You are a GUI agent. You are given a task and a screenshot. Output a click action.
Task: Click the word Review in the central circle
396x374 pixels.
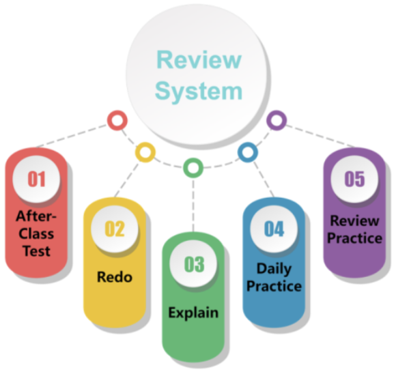tap(199, 59)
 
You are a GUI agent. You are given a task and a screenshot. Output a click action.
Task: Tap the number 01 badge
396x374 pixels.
tap(36, 179)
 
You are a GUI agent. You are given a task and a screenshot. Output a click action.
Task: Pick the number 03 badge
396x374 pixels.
tap(194, 264)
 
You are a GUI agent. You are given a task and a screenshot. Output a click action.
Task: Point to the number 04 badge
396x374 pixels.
tap(274, 228)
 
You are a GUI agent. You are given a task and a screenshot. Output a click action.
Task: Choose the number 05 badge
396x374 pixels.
tap(354, 179)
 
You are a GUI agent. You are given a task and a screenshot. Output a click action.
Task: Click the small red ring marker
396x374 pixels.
tap(117, 121)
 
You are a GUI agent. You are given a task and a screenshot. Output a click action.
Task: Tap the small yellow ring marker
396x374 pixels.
tap(145, 151)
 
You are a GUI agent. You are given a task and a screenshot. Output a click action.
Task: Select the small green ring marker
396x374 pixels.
tap(193, 166)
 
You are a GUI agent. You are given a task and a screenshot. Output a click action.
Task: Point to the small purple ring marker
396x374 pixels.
tap(275, 121)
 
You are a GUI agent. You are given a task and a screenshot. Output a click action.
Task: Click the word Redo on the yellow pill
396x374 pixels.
tap(115, 278)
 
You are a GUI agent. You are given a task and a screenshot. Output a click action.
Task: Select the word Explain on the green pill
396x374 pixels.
tap(194, 313)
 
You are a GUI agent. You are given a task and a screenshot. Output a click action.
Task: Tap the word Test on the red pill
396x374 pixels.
tap(36, 250)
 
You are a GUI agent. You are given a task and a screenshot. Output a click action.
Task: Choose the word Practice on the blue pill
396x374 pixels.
tap(274, 286)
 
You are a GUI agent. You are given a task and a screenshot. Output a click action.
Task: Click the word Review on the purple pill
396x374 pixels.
tap(354, 220)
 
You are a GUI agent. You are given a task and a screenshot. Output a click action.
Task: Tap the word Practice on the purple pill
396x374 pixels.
tap(354, 238)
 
